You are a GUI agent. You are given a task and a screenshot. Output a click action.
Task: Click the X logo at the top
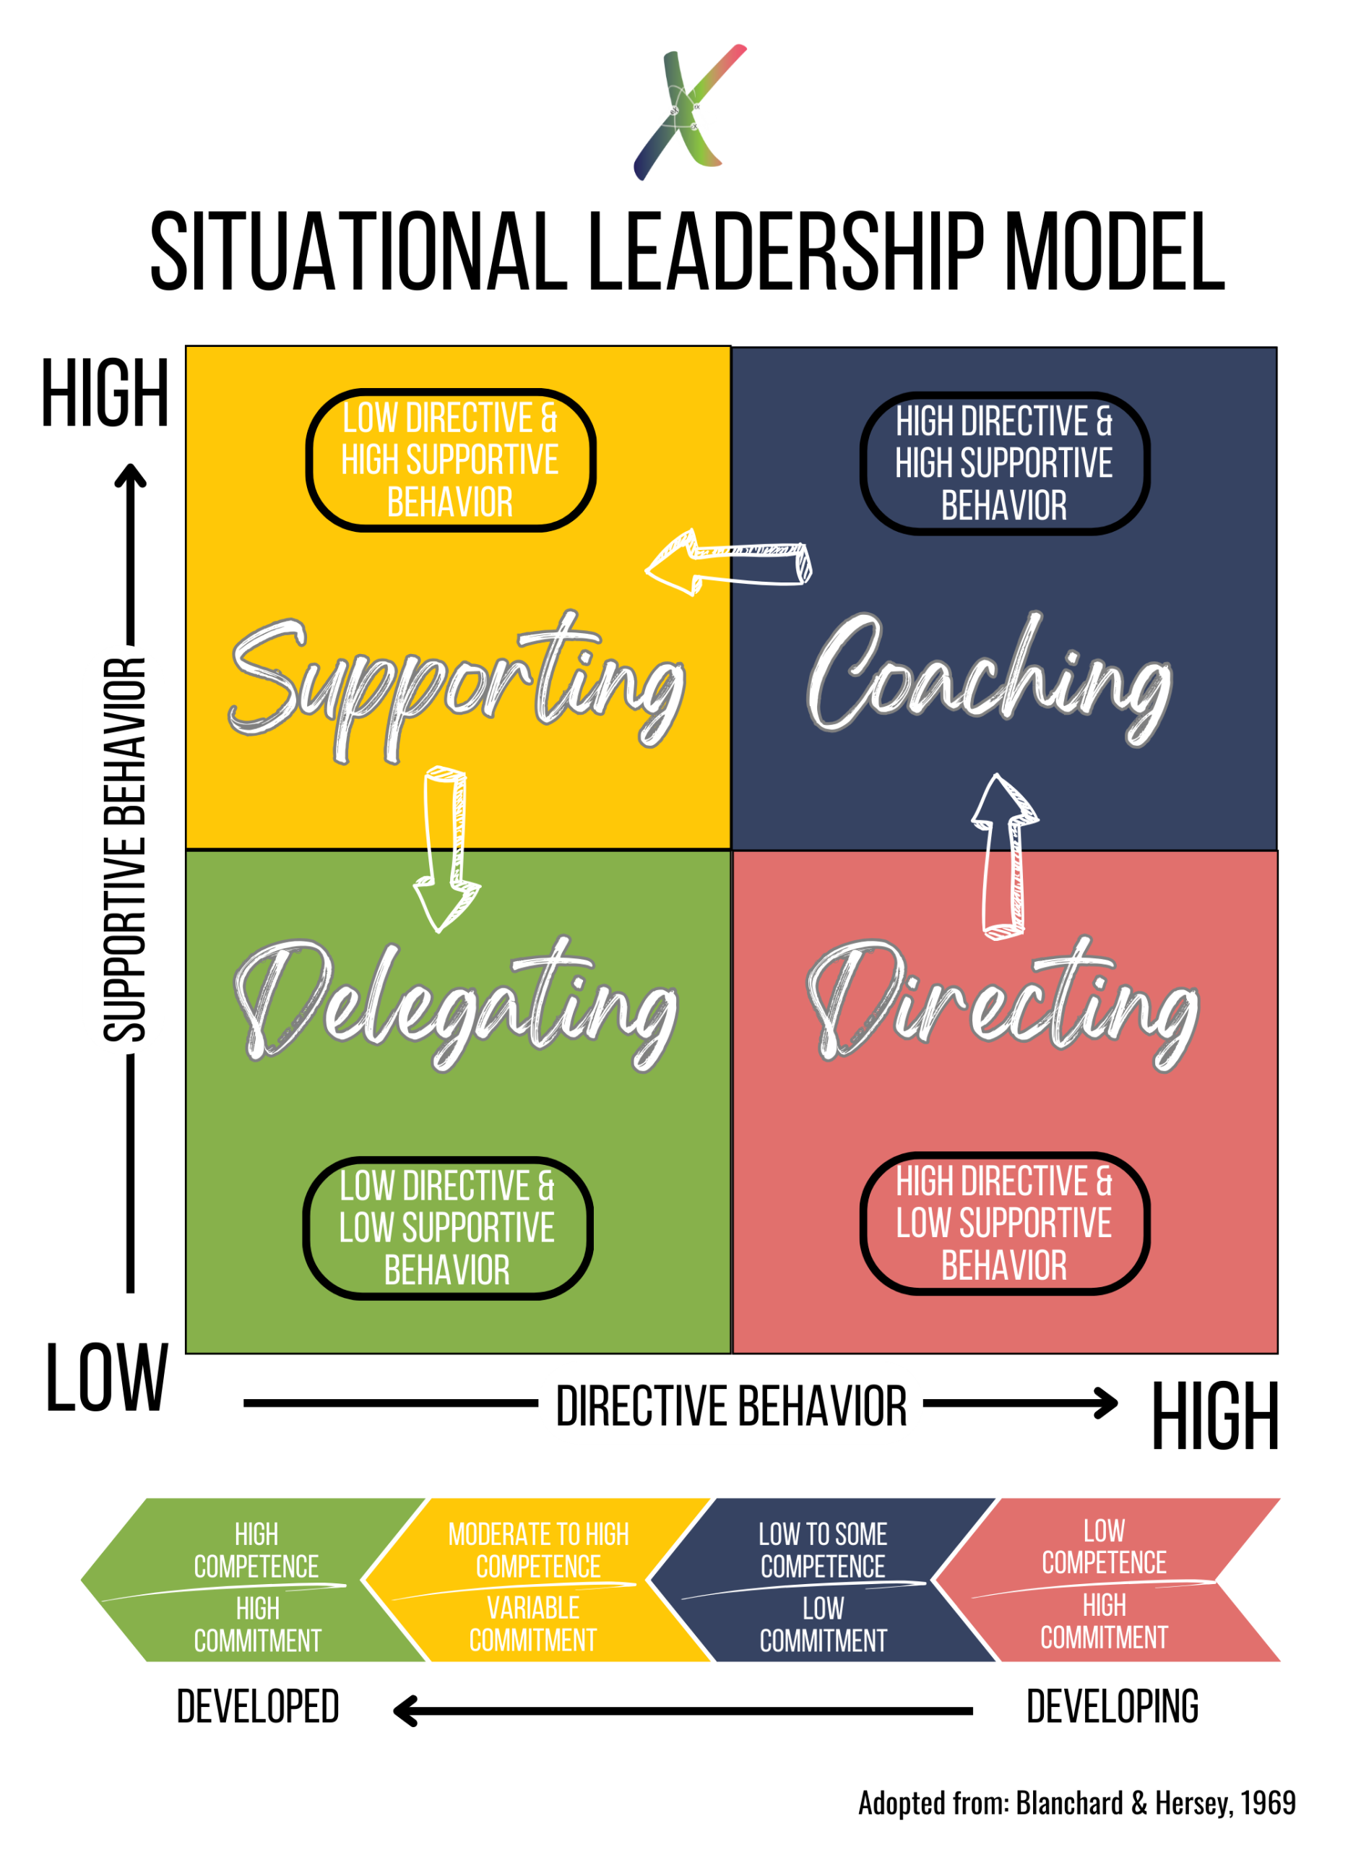point(691,111)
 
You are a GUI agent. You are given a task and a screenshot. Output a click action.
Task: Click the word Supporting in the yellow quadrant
point(457,684)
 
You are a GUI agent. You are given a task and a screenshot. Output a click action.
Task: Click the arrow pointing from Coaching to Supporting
point(729,563)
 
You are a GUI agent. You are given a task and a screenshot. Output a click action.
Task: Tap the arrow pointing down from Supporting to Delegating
point(446,849)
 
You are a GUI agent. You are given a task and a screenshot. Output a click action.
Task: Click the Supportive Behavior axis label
point(124,849)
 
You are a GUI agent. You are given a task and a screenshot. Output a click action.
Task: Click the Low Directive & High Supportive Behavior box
point(450,460)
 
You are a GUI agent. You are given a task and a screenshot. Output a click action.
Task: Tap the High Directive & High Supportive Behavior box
point(1003,463)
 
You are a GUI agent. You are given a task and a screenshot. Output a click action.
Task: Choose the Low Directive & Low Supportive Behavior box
point(446,1228)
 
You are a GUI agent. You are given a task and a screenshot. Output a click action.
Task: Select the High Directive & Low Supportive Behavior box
point(1003,1223)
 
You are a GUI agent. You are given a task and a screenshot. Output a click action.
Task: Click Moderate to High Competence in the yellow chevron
point(538,1550)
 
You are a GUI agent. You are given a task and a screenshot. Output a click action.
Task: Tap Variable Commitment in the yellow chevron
point(533,1623)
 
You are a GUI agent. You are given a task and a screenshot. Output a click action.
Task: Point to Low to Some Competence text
point(822,1550)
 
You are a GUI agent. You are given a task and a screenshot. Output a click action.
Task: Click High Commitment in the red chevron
point(1104,1621)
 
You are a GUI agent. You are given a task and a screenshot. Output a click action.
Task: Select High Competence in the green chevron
point(256,1550)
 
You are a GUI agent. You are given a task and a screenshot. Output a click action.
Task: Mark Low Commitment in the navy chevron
point(822,1623)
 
